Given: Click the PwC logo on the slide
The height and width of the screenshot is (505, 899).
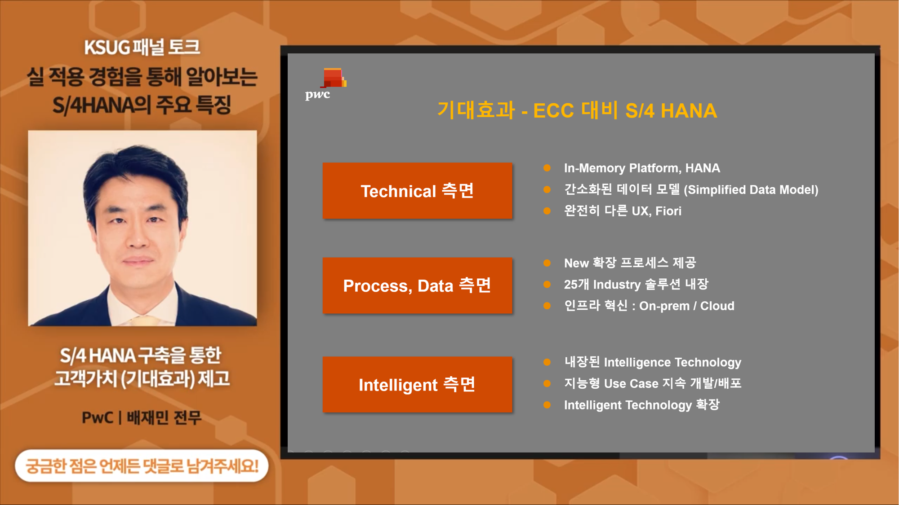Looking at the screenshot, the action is click(326, 84).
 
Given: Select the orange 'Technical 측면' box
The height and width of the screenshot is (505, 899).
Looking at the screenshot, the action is click(417, 191).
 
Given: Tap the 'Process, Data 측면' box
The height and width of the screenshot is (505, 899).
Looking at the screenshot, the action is click(417, 285).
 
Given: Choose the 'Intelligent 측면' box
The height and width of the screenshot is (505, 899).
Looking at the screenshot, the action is click(417, 385).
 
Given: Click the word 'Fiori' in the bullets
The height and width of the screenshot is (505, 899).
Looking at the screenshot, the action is click(668, 211).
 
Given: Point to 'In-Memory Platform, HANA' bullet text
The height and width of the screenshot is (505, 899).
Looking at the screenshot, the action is click(642, 168).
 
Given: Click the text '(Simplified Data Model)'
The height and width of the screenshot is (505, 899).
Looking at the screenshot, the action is click(751, 190).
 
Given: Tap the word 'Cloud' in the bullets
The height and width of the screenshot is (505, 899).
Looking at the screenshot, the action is click(717, 306).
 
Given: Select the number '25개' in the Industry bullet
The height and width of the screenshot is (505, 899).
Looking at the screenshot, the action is click(576, 284).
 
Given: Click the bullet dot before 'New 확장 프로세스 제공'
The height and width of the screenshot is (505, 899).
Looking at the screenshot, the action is click(547, 263).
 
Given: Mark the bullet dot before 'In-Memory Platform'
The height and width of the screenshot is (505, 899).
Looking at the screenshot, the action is click(547, 168).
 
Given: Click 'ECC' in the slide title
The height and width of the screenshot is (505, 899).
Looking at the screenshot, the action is click(554, 111).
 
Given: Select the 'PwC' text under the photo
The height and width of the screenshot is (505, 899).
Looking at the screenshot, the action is click(98, 418).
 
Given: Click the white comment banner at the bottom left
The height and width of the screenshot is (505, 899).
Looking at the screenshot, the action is click(142, 466).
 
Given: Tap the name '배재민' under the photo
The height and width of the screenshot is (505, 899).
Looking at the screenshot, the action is click(147, 418).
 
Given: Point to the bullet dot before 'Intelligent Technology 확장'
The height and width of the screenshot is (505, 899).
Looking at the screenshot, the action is click(547, 405).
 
